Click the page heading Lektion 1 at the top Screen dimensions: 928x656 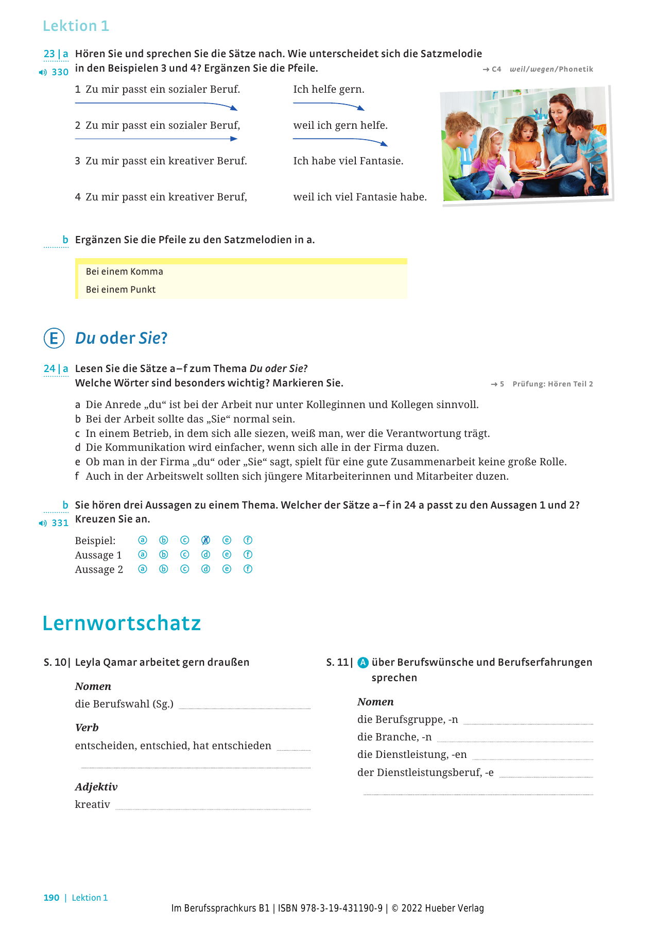[76, 26]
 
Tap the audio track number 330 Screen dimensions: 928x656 [60, 72]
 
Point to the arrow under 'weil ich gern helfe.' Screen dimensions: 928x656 [340, 141]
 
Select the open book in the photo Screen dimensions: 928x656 [546, 170]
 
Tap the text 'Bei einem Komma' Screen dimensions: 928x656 [124, 272]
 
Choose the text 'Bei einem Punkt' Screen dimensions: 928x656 [120, 290]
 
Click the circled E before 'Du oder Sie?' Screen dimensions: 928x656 [54, 339]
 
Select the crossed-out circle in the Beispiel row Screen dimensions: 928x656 [205, 540]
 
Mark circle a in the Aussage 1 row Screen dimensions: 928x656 [143, 554]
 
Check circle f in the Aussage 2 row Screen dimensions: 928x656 [248, 569]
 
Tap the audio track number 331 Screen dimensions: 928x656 [60, 523]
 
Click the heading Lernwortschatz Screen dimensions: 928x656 [122, 623]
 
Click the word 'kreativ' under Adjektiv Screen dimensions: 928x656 [93, 804]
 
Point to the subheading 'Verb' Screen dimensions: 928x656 [87, 728]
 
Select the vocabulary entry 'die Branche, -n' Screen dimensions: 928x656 [394, 737]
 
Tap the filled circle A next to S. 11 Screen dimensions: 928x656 [363, 663]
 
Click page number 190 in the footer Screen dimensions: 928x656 [51, 898]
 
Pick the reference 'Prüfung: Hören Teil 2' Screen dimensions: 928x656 [553, 384]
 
